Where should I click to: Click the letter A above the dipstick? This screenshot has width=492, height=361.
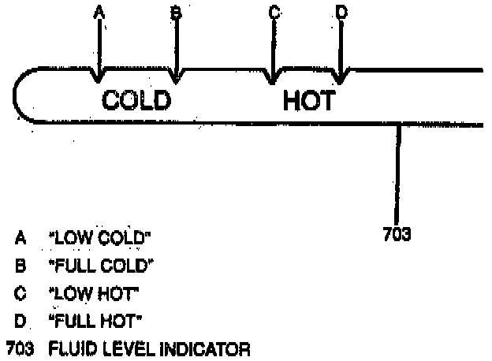[99, 12]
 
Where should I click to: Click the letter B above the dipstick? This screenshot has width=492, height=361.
[176, 12]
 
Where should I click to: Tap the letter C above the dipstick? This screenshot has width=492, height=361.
[274, 12]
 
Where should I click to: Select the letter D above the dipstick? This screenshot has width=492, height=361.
[341, 12]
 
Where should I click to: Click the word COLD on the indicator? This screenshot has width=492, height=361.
[136, 100]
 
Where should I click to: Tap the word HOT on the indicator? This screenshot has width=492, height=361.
[308, 101]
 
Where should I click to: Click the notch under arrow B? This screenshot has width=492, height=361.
[176, 77]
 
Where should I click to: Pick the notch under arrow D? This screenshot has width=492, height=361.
[340, 78]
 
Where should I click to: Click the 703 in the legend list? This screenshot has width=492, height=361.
[18, 346]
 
